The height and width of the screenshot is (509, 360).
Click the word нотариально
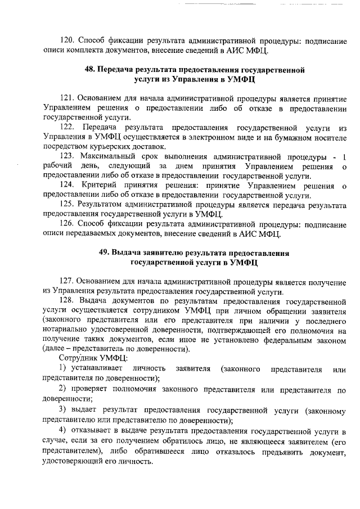(x=70, y=332)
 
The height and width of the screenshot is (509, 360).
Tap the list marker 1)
(x=64, y=368)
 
